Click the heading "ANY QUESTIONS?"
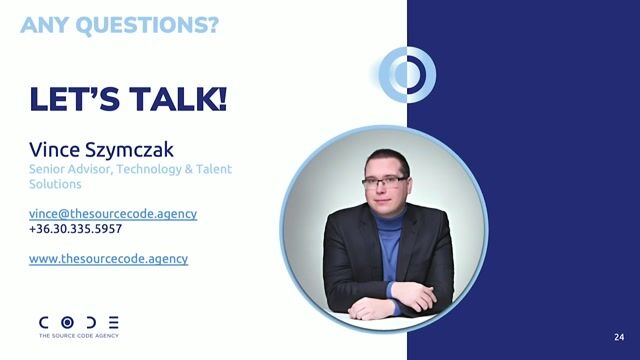pos(119,25)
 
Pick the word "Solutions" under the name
pos(56,185)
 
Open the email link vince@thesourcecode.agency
pos(113,213)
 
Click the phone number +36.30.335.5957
pos(76,229)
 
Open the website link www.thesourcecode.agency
pos(108,258)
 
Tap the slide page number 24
pos(619,336)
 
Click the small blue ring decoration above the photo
pos(407,73)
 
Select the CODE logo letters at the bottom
pos(79,323)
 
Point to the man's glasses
pos(384,181)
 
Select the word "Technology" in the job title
pos(149,170)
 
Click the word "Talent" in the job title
pos(211,170)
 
